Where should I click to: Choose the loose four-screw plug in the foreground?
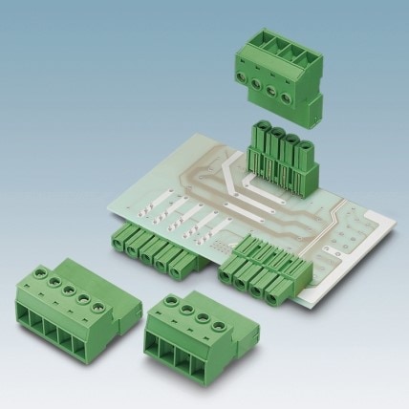coord(190,331)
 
